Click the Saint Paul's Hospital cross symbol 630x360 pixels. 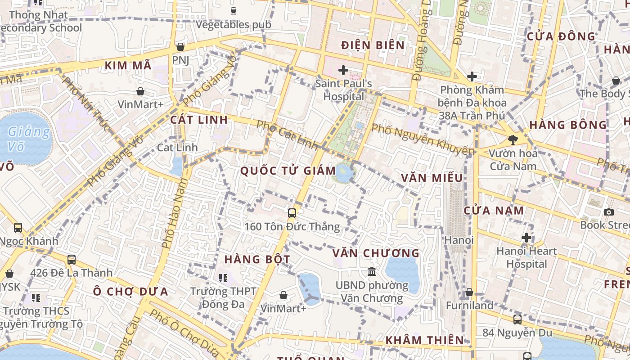(343, 70)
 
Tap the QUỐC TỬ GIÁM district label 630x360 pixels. (288, 171)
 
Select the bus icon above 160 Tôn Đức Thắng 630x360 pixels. (292, 213)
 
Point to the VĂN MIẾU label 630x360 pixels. (432, 178)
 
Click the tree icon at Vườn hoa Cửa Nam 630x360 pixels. (513, 139)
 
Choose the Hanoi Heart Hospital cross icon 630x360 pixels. (526, 238)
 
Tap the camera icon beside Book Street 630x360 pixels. (609, 212)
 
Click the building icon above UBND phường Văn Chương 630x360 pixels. (372, 271)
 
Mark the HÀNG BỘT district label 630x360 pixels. (257, 259)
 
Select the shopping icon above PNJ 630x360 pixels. (180, 47)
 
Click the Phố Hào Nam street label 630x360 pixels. (174, 213)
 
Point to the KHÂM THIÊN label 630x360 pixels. (425, 340)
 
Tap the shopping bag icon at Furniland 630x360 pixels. (469, 292)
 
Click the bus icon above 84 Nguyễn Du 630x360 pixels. (517, 319)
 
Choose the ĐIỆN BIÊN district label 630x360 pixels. (373, 45)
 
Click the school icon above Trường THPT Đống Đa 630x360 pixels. (223, 278)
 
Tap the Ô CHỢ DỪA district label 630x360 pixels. (130, 292)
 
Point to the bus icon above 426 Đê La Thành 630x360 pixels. (72, 259)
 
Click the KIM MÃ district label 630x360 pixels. (128, 66)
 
